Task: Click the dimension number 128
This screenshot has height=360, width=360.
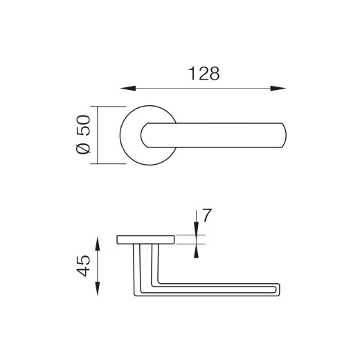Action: (x=204, y=73)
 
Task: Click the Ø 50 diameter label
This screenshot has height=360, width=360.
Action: (x=83, y=134)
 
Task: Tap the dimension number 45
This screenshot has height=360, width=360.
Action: (x=83, y=266)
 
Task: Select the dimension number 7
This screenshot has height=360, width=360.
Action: (x=207, y=215)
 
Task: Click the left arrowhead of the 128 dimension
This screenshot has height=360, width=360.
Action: (x=128, y=89)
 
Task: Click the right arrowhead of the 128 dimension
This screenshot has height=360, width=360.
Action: (x=278, y=89)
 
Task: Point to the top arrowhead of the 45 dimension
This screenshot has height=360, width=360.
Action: (x=98, y=244)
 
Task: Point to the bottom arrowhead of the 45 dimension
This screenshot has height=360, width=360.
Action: (x=98, y=289)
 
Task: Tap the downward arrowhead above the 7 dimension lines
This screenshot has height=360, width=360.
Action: (x=196, y=228)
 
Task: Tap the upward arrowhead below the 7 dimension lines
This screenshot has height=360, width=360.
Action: (x=196, y=251)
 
